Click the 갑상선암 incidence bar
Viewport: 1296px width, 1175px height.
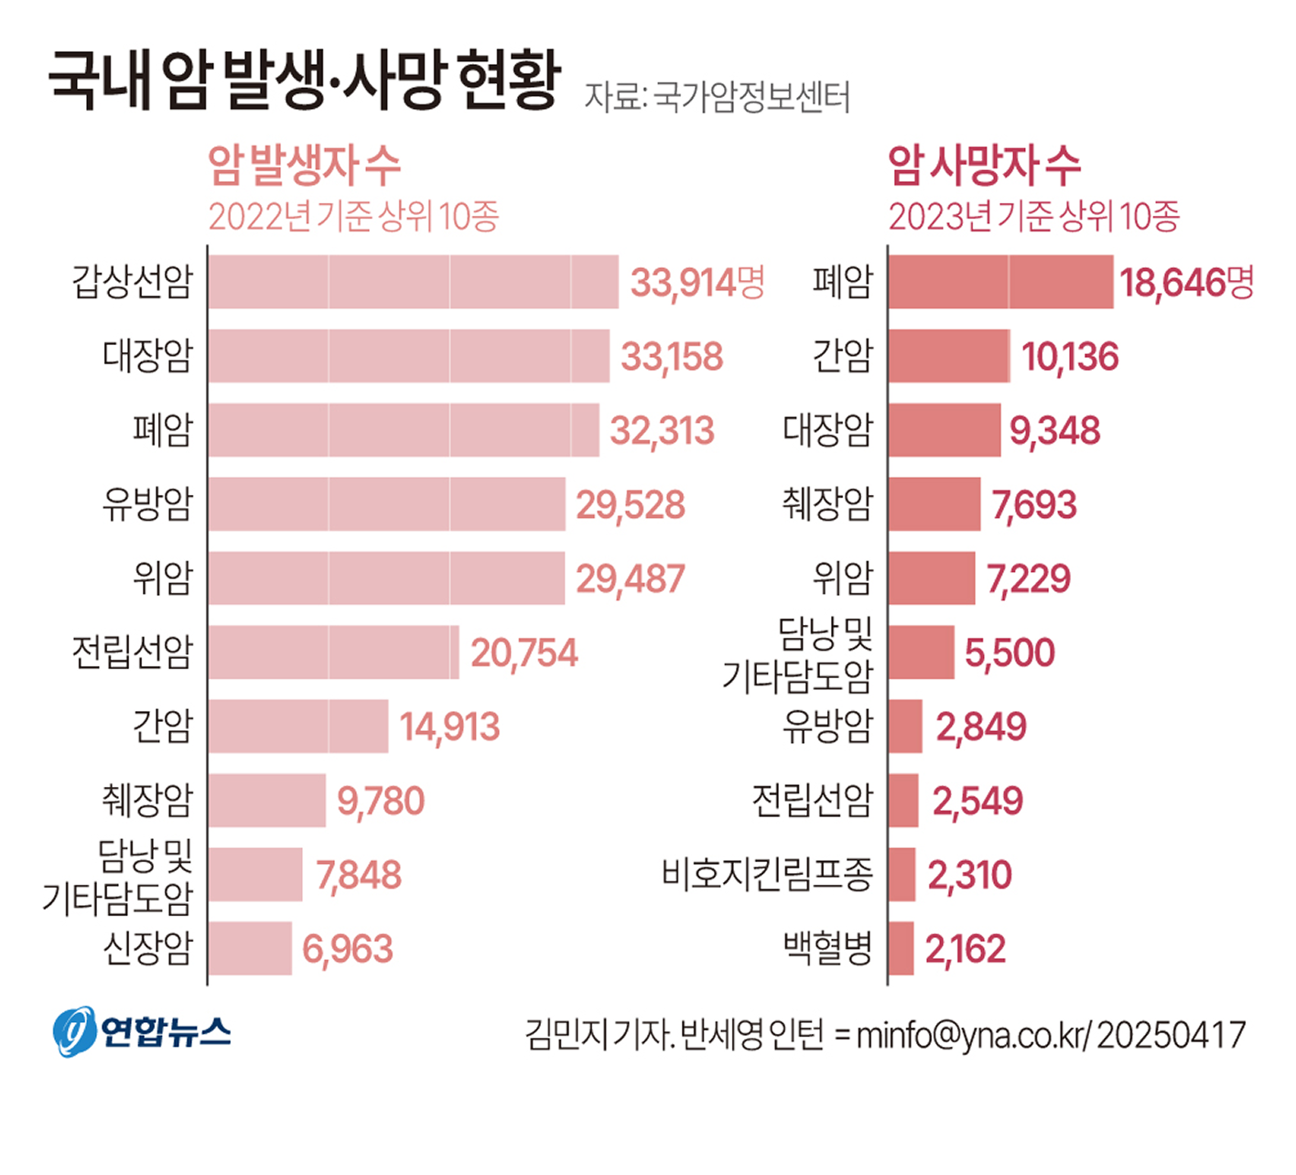click(x=413, y=282)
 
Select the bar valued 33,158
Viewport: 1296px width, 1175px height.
click(x=408, y=356)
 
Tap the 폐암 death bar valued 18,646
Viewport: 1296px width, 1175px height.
click(x=1000, y=282)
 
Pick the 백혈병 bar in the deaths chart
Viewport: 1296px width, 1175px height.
click(x=901, y=948)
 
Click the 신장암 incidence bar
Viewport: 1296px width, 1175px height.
click(x=250, y=948)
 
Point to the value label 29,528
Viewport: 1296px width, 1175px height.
click(x=630, y=505)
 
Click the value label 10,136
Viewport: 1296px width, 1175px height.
click(x=1069, y=357)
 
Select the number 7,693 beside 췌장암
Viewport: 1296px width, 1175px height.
click(x=1033, y=505)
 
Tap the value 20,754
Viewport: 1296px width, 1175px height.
click(x=524, y=653)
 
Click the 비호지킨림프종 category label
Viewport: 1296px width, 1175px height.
click(x=767, y=874)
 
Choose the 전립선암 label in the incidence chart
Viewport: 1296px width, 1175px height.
click(x=133, y=652)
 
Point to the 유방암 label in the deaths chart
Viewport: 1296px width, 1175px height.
click(x=827, y=727)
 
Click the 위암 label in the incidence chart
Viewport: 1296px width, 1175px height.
click(x=163, y=577)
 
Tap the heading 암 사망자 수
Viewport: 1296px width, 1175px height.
click(x=984, y=166)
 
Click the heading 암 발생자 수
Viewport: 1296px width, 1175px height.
click(x=304, y=166)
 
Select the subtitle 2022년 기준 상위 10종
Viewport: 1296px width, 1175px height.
click(x=353, y=217)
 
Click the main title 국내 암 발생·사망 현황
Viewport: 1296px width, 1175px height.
click(x=303, y=81)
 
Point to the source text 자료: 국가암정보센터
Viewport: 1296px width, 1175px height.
click(x=717, y=97)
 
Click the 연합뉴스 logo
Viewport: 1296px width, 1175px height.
click(x=142, y=1032)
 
